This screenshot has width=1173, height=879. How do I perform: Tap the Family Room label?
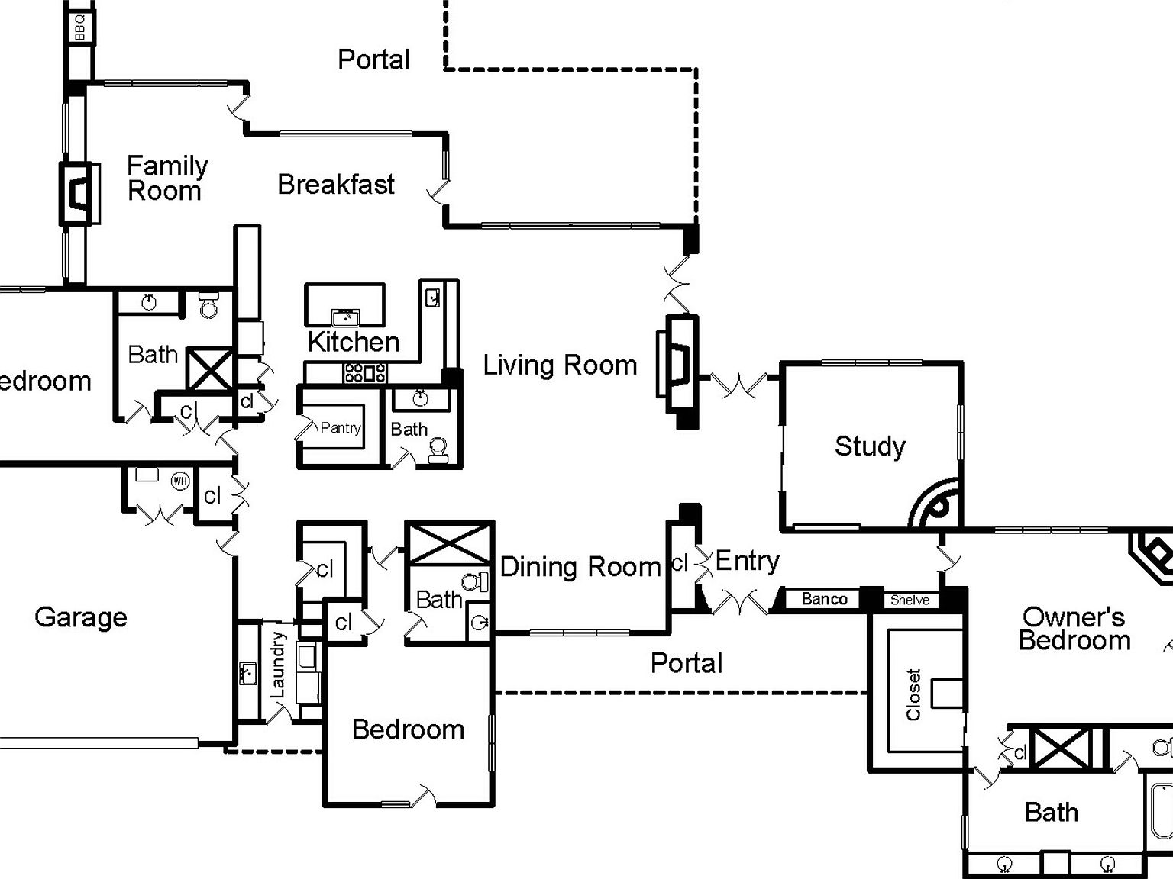click(x=166, y=178)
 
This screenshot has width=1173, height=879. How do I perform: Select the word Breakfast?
click(x=336, y=184)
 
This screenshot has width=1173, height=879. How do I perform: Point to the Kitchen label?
click(x=353, y=342)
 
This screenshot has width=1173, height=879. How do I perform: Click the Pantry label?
click(x=341, y=428)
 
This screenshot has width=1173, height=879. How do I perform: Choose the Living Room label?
click(x=560, y=365)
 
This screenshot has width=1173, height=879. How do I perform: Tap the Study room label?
click(x=870, y=446)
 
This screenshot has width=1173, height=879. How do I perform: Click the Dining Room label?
click(x=580, y=567)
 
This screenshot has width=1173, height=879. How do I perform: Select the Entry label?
click(x=747, y=562)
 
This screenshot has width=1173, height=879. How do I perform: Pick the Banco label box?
click(x=824, y=599)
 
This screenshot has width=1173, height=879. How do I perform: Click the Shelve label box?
click(x=910, y=600)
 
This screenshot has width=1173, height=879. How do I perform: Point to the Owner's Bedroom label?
click(x=1074, y=628)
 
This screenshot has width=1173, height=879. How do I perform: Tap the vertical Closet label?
click(x=913, y=694)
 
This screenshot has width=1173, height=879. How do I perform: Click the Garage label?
click(x=81, y=617)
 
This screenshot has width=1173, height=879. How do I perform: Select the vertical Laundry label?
click(x=278, y=664)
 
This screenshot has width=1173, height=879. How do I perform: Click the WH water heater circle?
click(x=179, y=481)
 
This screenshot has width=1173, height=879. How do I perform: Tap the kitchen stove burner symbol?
click(x=365, y=373)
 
